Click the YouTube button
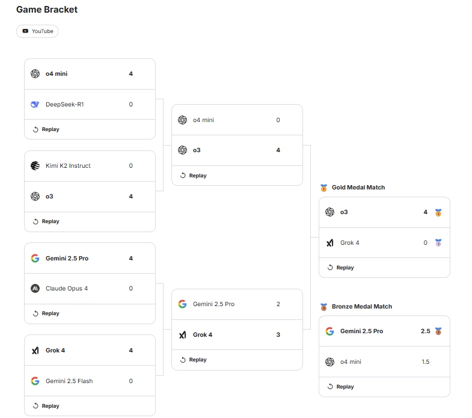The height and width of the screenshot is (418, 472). (37, 31)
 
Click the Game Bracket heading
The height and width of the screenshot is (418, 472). (47, 10)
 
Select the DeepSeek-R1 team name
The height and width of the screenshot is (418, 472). (65, 105)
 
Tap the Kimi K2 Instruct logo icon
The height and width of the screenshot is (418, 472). (35, 165)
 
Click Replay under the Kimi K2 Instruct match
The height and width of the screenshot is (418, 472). (46, 221)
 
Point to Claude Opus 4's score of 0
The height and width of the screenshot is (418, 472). (131, 289)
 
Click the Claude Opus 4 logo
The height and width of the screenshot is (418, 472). (35, 289)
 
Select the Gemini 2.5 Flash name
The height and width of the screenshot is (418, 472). (69, 381)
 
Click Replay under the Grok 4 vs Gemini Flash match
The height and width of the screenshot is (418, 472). (46, 406)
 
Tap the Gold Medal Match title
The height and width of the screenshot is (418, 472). (358, 187)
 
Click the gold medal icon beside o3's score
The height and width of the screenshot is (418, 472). (438, 213)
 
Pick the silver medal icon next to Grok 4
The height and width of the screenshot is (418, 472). (438, 243)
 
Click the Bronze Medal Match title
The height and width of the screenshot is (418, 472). (362, 307)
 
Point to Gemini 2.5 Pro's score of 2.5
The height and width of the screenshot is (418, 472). (426, 331)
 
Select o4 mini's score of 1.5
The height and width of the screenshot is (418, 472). (426, 361)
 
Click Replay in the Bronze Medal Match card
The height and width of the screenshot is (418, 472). (341, 387)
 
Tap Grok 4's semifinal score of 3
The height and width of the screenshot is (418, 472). (278, 335)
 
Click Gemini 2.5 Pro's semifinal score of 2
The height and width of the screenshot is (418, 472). (278, 304)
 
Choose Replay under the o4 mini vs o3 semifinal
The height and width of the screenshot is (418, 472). (193, 176)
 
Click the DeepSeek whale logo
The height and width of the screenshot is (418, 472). (35, 105)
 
